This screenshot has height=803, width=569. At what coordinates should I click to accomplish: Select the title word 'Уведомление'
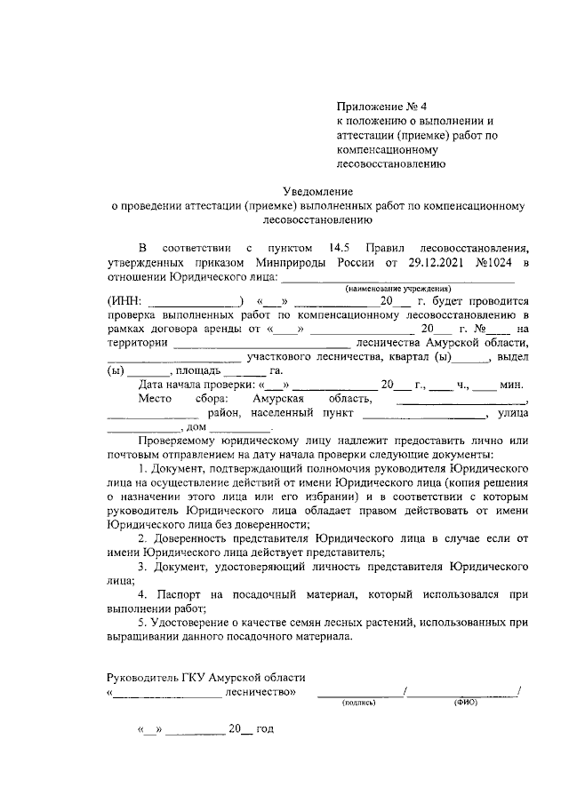tap(318, 191)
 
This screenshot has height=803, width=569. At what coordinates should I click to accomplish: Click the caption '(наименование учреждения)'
tap(398, 290)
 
